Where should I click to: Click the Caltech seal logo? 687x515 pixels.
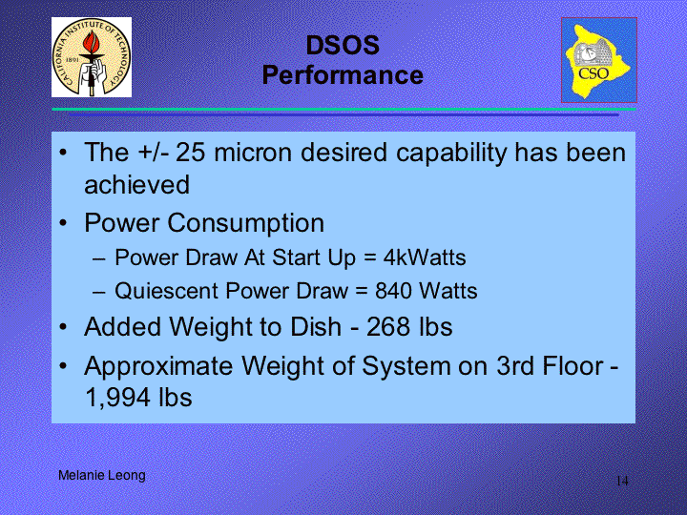[x=92, y=57]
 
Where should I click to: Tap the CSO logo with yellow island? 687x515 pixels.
[x=599, y=60]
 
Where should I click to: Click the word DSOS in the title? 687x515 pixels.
[x=343, y=45]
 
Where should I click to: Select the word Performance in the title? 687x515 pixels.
[x=343, y=75]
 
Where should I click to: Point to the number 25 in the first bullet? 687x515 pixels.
[x=191, y=153]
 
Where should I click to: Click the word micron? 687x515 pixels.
[x=253, y=153]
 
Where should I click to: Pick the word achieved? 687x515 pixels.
[x=136, y=184]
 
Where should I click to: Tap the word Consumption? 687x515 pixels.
[x=246, y=223]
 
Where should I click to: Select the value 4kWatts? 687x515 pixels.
[x=425, y=257]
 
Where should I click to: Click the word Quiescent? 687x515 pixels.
[x=166, y=291]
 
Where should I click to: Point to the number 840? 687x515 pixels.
[x=393, y=291]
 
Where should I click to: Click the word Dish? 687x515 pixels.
[x=317, y=327]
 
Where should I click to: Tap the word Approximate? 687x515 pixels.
[x=158, y=366]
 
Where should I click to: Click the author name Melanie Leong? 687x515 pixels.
[x=102, y=476]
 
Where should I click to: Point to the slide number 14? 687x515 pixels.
[x=622, y=481]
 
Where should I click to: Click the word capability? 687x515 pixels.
[x=450, y=154]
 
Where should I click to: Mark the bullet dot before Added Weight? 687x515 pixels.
[x=64, y=327]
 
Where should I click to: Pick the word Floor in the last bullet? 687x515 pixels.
[x=573, y=365]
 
